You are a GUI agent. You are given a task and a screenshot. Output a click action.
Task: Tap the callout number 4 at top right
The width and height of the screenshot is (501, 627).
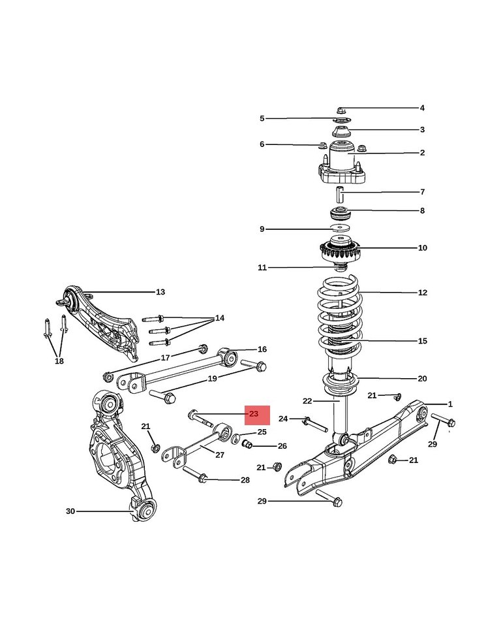pos(422,108)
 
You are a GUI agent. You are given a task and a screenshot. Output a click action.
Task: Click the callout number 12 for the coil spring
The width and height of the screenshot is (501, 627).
pos(423,293)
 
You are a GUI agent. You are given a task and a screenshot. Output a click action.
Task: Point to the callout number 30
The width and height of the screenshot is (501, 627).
pos(70,511)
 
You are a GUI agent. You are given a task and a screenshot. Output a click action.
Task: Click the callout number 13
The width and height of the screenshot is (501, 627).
pos(160,292)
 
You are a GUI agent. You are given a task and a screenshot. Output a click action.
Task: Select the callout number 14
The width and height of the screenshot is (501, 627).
pos(220,318)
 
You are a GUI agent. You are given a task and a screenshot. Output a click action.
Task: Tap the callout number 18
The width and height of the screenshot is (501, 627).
pos(59,361)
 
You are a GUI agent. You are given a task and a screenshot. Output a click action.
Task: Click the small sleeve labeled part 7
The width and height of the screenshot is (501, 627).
pos(341,194)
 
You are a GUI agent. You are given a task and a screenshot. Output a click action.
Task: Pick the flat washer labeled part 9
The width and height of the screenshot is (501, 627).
pos(339,227)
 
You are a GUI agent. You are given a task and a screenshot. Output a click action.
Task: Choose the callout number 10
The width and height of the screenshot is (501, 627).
pos(423,248)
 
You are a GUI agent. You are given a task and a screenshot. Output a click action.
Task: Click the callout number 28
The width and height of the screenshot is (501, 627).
pos(245,480)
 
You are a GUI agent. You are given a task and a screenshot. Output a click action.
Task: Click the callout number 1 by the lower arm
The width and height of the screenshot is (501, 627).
pos(450,404)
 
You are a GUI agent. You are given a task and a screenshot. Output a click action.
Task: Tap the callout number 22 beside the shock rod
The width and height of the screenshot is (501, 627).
pos(308,400)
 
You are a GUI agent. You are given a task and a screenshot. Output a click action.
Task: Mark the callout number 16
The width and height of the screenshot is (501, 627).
pos(262,349)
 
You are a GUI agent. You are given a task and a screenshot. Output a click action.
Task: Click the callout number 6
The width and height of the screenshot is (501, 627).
pos(262,144)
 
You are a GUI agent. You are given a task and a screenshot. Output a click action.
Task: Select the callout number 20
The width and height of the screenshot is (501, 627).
pos(423,378)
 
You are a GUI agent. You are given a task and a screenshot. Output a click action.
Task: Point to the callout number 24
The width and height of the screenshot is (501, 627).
pos(283,419)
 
